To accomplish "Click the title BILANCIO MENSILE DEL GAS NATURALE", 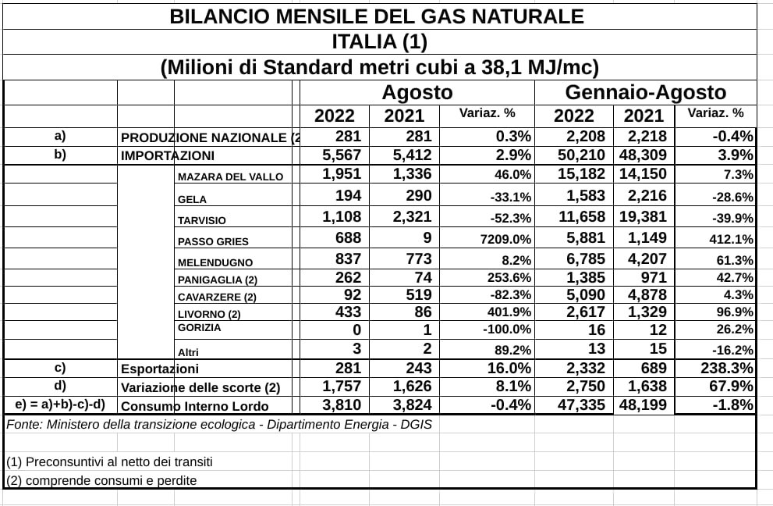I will point(377,16).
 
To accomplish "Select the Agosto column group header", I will point(417,92).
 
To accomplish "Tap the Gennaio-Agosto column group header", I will point(645,92).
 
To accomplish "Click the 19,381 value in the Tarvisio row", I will point(644,217).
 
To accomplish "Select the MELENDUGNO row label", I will point(215,262).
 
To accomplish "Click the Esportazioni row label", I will point(160,369).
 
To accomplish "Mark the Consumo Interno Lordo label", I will point(195,406).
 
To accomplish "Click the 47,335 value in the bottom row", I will point(583,405).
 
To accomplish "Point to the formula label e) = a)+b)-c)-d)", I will point(60,404).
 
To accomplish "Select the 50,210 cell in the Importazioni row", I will point(583,155).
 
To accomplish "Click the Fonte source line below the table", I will point(219,425).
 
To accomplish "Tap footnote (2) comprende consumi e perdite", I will point(101,480).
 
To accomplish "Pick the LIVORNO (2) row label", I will point(209,314).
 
